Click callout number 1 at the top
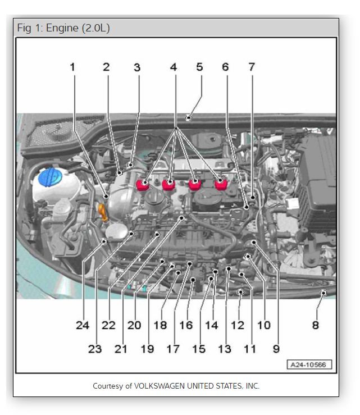(72, 67)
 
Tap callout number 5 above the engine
(199, 67)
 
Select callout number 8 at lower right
(316, 325)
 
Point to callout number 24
(83, 325)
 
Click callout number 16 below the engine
(186, 325)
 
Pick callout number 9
(276, 349)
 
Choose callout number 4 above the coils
(174, 67)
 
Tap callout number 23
(95, 349)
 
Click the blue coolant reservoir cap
(49, 177)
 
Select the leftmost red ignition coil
(142, 185)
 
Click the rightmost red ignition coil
(221, 185)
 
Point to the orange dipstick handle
(103, 213)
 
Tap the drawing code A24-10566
(309, 364)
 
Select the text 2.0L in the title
(96, 28)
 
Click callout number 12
(238, 325)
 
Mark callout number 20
(134, 325)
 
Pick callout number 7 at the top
(252, 67)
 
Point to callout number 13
(224, 349)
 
